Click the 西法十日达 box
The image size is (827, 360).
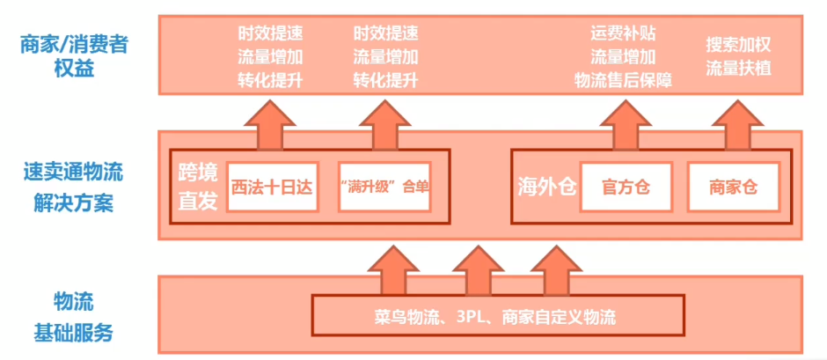(272, 187)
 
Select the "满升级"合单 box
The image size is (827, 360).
(384, 187)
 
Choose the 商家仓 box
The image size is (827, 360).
(733, 187)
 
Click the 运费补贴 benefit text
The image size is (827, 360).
(623, 35)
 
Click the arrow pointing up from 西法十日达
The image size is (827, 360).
(271, 125)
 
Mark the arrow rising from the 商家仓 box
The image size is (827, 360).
(733, 125)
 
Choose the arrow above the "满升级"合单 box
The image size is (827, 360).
(385, 125)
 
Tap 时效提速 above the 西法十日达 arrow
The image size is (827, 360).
(271, 35)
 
